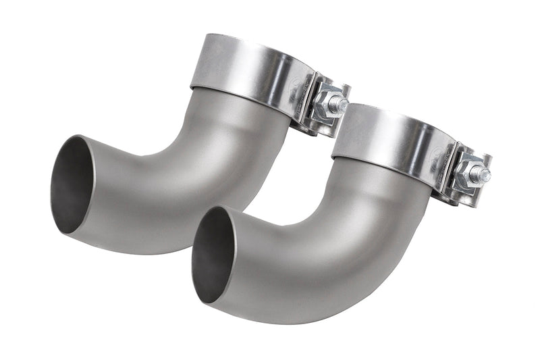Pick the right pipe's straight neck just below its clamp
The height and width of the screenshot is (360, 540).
point(378,186)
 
